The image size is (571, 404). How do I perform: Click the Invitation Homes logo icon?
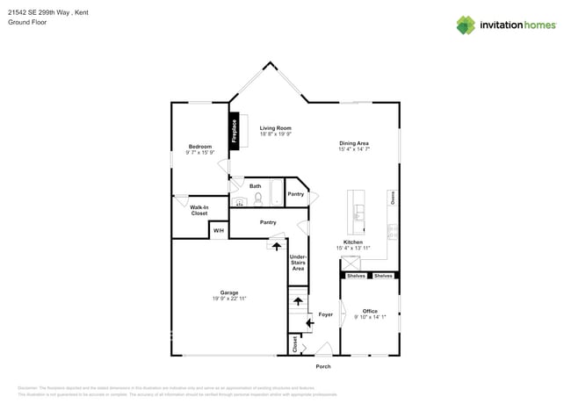(x=466, y=25)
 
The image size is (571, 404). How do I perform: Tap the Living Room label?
(x=275, y=128)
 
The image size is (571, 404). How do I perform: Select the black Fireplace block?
(x=235, y=132)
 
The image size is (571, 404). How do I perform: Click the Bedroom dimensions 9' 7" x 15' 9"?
(x=199, y=153)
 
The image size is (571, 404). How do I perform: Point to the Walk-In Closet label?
(x=199, y=210)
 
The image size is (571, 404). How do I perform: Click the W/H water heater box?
(x=219, y=231)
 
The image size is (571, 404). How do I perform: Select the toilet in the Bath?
(x=258, y=198)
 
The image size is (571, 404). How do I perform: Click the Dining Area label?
(x=354, y=143)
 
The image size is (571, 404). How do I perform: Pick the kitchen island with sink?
(x=358, y=211)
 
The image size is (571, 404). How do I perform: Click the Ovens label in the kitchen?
(x=393, y=199)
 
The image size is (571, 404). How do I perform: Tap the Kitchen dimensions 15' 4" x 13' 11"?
(x=353, y=249)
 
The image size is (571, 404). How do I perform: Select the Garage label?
(x=228, y=292)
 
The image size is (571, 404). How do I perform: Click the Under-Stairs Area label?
(x=298, y=263)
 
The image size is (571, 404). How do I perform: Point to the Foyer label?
(x=325, y=314)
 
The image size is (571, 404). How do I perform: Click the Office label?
(x=370, y=311)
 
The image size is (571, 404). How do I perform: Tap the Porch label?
(x=323, y=366)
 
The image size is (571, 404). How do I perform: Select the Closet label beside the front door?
(x=295, y=344)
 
